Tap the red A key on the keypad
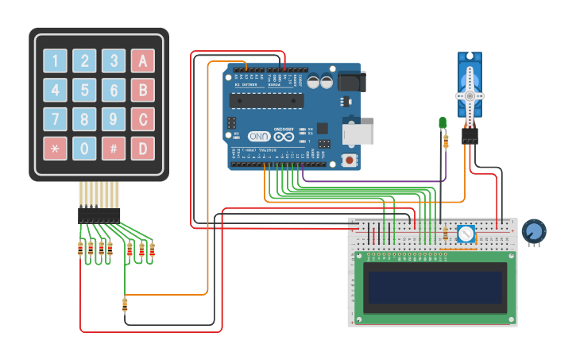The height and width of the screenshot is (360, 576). coord(142,60)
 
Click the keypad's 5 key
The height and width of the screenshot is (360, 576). coord(84,90)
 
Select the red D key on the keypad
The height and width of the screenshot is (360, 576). coord(142,148)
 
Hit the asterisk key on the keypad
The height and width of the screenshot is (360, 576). coord(55,148)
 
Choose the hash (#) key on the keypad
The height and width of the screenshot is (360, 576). coord(114,148)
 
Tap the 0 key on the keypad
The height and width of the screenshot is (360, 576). coord(84,148)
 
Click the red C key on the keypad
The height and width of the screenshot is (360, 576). coord(142,119)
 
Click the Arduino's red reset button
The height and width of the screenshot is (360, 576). coord(348,160)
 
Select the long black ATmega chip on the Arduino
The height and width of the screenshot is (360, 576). coord(266,99)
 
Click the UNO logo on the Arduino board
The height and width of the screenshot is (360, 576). coord(260,137)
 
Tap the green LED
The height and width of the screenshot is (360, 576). coord(443,122)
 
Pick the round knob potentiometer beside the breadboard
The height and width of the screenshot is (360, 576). coord(534,230)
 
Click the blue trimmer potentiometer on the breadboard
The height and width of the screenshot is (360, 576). coord(466,234)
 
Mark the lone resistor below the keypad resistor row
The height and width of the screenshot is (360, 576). coord(125,305)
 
